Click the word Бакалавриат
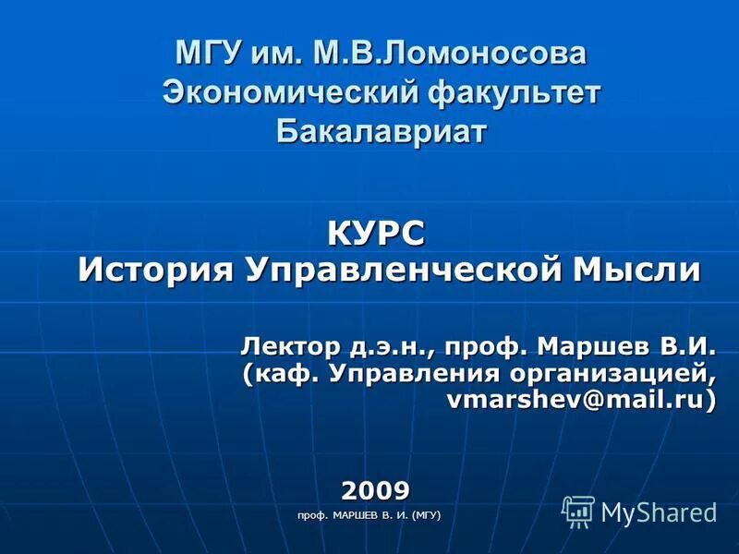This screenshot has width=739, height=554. [x=381, y=131]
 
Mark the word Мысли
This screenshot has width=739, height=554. [x=637, y=271]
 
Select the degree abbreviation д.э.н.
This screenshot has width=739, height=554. [x=393, y=349]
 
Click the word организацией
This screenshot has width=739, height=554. [x=624, y=375]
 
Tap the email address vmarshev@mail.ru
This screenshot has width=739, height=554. [x=581, y=401]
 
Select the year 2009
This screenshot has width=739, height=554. [x=376, y=488]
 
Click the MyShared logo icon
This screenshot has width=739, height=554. [x=578, y=511]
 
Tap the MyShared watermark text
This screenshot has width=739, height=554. [x=659, y=512]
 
